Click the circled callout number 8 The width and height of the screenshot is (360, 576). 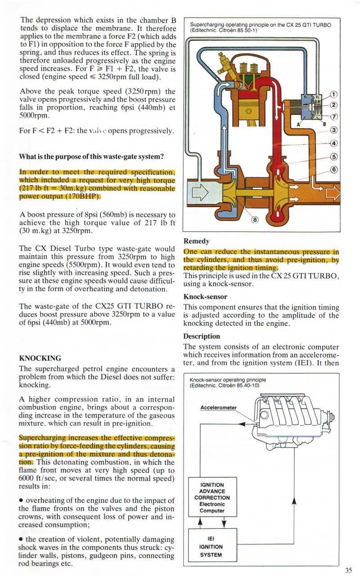point(255,220)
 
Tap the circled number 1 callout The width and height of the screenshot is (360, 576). point(333,95)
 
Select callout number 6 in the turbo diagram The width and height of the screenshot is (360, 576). point(333,169)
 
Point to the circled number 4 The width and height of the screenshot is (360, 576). point(333,144)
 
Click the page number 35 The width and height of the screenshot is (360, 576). point(348,570)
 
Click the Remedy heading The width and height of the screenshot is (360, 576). point(197,241)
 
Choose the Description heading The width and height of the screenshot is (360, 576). point(202,336)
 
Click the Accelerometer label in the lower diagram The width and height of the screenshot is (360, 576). point(218,407)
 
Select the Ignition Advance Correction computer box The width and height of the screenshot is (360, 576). point(212,498)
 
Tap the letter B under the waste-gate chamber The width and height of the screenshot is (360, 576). point(324,125)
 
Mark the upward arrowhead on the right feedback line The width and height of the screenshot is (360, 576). point(294,500)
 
